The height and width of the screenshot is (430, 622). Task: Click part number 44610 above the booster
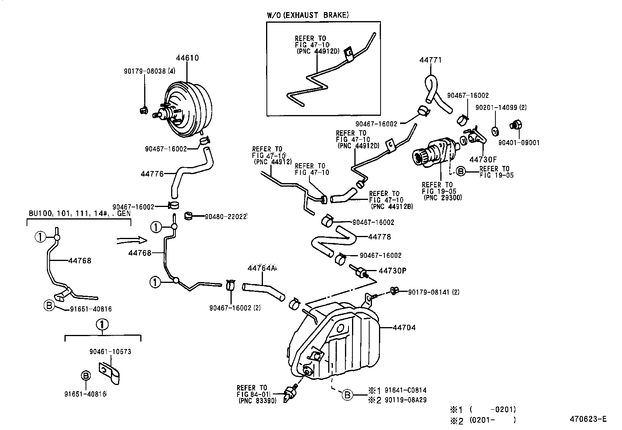pyautogui.click(x=187, y=58)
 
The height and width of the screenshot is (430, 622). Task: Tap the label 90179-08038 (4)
pyautogui.click(x=144, y=72)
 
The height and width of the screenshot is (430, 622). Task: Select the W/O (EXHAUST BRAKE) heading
pyautogui.click(x=308, y=15)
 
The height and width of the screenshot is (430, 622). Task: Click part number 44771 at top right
pyautogui.click(x=431, y=60)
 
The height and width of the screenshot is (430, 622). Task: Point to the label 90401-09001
pyautogui.click(x=518, y=143)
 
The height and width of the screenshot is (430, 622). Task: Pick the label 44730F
pyautogui.click(x=483, y=159)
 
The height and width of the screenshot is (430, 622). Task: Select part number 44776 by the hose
pyautogui.click(x=152, y=174)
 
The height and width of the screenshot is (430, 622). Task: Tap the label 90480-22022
pyautogui.click(x=226, y=216)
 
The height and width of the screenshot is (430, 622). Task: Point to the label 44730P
pyautogui.click(x=393, y=270)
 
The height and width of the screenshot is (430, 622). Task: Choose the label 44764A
pyautogui.click(x=261, y=268)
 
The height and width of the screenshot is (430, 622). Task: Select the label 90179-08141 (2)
pyautogui.click(x=434, y=292)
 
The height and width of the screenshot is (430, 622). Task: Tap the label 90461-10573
pyautogui.click(x=110, y=352)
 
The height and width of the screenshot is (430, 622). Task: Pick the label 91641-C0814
pyautogui.click(x=405, y=390)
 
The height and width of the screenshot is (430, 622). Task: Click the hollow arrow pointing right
pyautogui.click(x=132, y=240)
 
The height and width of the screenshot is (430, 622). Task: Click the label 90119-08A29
pyautogui.click(x=405, y=399)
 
